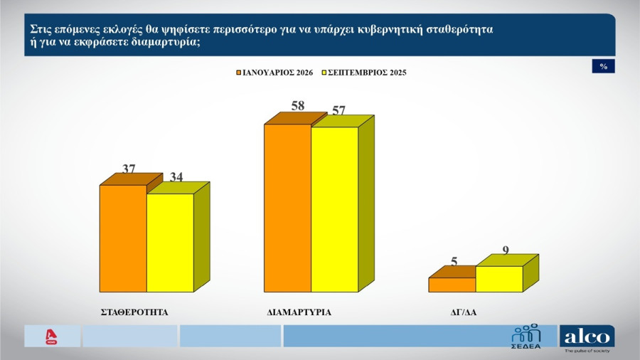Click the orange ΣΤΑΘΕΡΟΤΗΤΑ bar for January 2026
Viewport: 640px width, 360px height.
[x=123, y=238]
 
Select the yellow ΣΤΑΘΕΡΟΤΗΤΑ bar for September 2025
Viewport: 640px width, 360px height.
[x=170, y=243]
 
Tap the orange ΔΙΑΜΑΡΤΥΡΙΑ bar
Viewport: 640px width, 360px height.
[x=288, y=208]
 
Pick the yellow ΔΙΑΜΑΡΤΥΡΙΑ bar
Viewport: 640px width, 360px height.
[x=335, y=209]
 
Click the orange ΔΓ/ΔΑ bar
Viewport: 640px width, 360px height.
[x=452, y=285]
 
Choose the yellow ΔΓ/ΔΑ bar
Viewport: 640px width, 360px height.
[x=498, y=279]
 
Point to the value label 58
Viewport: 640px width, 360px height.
[x=298, y=106]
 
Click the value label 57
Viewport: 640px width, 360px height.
[x=339, y=110]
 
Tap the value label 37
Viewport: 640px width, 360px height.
[x=129, y=169]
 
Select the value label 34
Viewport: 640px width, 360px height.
[x=176, y=177]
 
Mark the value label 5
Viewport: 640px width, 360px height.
[x=454, y=261]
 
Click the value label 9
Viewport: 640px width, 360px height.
[x=506, y=250]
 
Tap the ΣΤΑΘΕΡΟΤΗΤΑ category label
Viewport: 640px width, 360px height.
[x=134, y=312]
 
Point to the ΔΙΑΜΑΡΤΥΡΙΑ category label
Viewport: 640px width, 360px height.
[x=299, y=312]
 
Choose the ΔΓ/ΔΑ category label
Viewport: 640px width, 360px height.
[x=464, y=312]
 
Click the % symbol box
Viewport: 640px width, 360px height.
[x=603, y=66]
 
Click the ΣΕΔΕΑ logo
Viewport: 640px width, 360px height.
[x=526, y=336]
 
